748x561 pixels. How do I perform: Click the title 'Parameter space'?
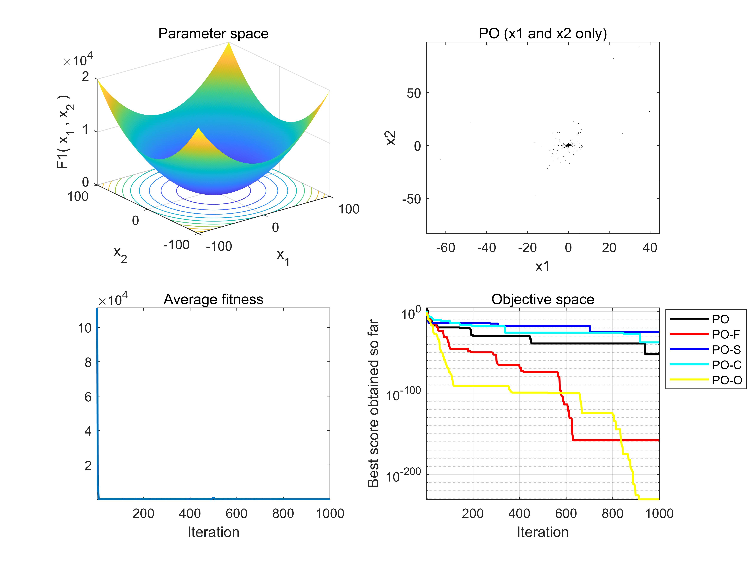click(213, 33)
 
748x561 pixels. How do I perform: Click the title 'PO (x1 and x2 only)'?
click(543, 33)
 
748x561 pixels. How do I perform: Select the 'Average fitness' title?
click(213, 299)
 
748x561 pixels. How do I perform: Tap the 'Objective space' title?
click(543, 299)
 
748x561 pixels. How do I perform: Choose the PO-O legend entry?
click(727, 380)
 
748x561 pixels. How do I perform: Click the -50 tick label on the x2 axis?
click(411, 199)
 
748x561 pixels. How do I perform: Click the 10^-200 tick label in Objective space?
click(403, 475)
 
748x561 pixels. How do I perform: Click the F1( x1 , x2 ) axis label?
click(64, 132)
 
